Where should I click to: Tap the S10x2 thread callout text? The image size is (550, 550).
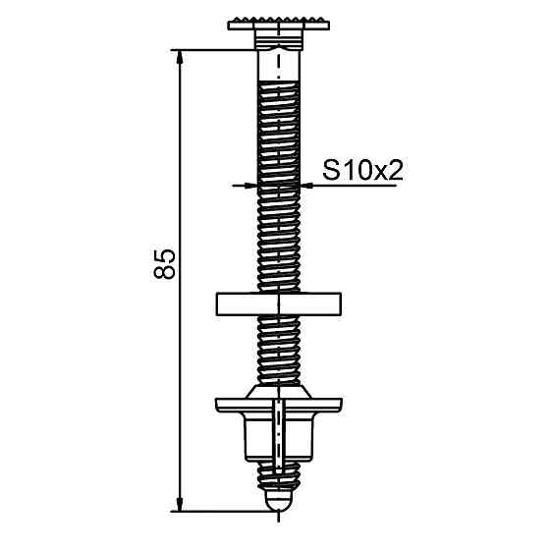point(363,170)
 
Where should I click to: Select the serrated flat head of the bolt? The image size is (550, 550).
point(278,25)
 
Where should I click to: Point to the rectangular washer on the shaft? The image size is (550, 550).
point(277,302)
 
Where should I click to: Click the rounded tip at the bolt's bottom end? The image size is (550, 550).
point(278,502)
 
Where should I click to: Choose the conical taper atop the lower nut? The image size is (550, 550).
point(278,390)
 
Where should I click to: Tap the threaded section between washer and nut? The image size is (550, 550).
point(278,349)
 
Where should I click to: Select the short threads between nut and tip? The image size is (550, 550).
point(278,479)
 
